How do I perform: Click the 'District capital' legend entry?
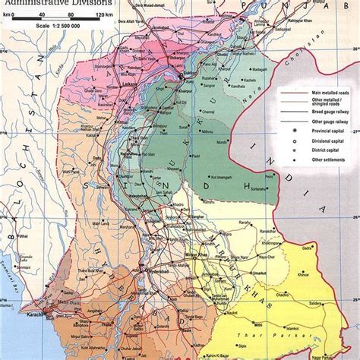(314, 150)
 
